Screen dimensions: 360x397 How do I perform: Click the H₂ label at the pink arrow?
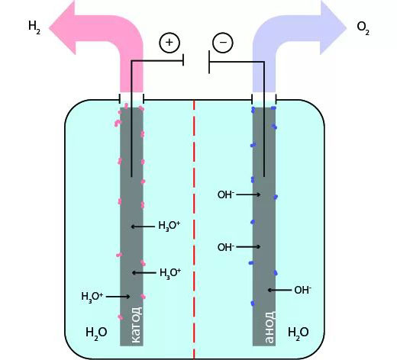point(34,27)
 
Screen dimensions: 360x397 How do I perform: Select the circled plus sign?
point(169,43)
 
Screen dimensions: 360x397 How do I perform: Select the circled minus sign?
point(223,43)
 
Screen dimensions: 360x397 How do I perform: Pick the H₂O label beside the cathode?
point(96,333)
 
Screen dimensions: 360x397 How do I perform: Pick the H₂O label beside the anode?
point(298,333)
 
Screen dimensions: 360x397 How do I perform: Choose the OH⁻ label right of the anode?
point(303,290)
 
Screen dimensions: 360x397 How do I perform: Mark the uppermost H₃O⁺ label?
point(169,227)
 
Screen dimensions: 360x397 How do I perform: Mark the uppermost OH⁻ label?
point(225,195)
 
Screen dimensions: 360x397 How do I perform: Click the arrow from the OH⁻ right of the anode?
point(279,290)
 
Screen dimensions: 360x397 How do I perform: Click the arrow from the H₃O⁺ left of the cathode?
point(118,296)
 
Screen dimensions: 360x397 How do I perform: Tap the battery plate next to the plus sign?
point(183,62)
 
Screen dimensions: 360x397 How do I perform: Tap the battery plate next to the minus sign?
point(209,62)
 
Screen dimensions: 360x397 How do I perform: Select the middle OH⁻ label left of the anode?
point(225,247)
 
